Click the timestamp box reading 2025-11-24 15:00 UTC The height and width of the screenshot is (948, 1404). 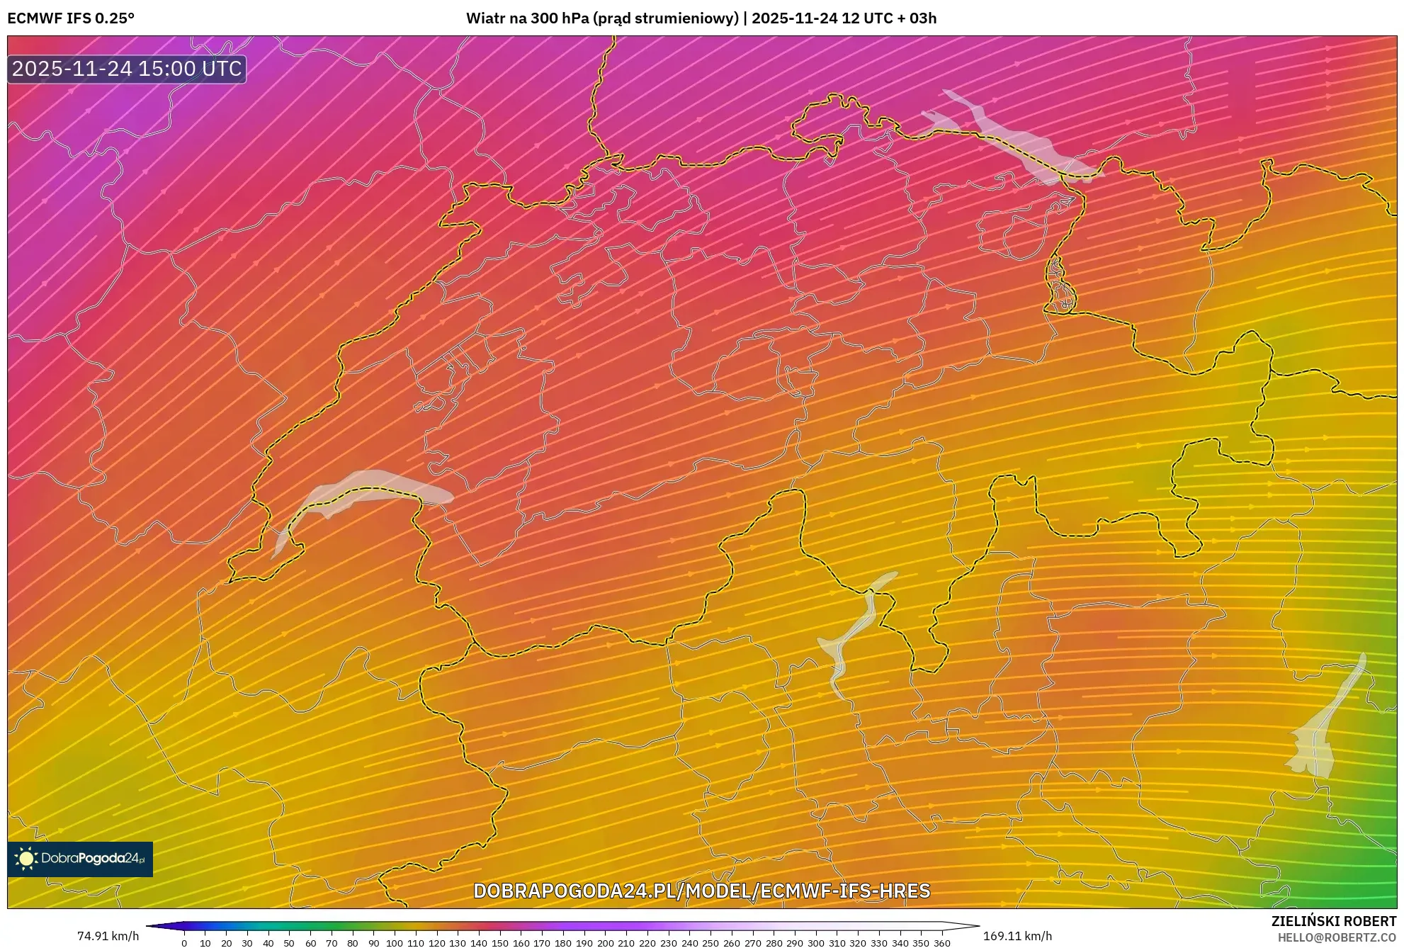127,69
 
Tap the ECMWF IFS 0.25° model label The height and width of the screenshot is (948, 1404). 71,18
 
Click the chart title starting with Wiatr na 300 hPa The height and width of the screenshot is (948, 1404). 701,18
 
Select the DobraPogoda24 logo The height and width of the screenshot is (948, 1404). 80,859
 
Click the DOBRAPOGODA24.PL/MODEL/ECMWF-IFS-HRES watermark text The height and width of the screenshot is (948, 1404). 701,891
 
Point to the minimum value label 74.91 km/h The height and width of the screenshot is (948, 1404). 108,936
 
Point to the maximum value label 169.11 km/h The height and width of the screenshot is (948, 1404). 1017,936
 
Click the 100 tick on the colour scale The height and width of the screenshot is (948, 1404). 394,943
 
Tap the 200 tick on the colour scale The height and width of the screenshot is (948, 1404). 605,943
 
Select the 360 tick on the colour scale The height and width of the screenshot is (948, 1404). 942,943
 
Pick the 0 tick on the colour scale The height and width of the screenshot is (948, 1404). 184,943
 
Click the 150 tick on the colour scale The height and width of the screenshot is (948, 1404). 499,943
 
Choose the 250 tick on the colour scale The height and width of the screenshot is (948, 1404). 711,943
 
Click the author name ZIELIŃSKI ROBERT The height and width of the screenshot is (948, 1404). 1334,921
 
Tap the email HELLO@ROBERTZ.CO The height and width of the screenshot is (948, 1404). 1337,937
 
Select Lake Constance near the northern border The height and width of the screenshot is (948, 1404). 1013,142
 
